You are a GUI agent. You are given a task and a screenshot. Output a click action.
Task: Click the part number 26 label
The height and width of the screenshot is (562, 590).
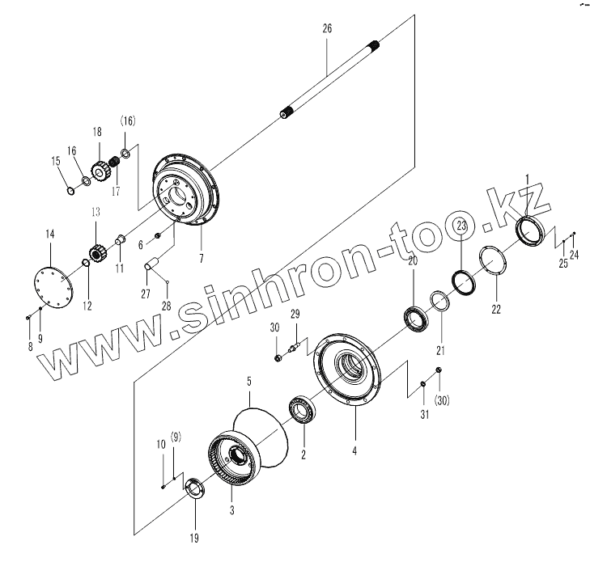(x=326, y=28)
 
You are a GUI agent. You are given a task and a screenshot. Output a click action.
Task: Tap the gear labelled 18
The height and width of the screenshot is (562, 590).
(x=101, y=171)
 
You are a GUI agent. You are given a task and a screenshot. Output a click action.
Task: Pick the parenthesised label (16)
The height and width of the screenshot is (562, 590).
(x=128, y=121)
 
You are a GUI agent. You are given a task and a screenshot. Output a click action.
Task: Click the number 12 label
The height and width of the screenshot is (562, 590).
(x=87, y=306)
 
